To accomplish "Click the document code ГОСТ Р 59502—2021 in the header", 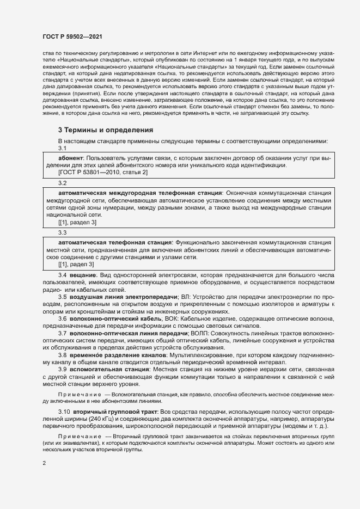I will pos(73,36).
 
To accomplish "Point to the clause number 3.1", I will pos(62,148).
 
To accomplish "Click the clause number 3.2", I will pos(62,183).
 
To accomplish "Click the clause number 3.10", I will pos(64,412).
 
